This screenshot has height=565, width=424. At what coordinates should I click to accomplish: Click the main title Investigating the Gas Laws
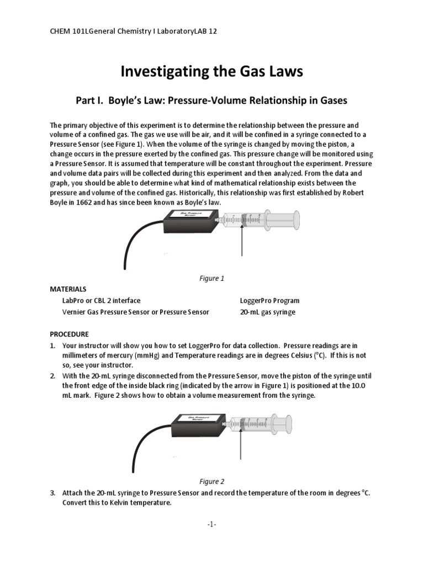coord(212,71)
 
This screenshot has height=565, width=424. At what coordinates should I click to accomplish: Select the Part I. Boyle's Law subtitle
coord(211,100)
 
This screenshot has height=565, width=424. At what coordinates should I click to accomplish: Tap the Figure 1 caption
coord(211,279)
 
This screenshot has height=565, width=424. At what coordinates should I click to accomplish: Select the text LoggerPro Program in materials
coord(269,301)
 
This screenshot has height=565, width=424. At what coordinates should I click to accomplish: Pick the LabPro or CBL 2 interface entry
coord(102,301)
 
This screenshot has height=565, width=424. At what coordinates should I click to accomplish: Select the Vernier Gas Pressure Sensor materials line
coord(136,312)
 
